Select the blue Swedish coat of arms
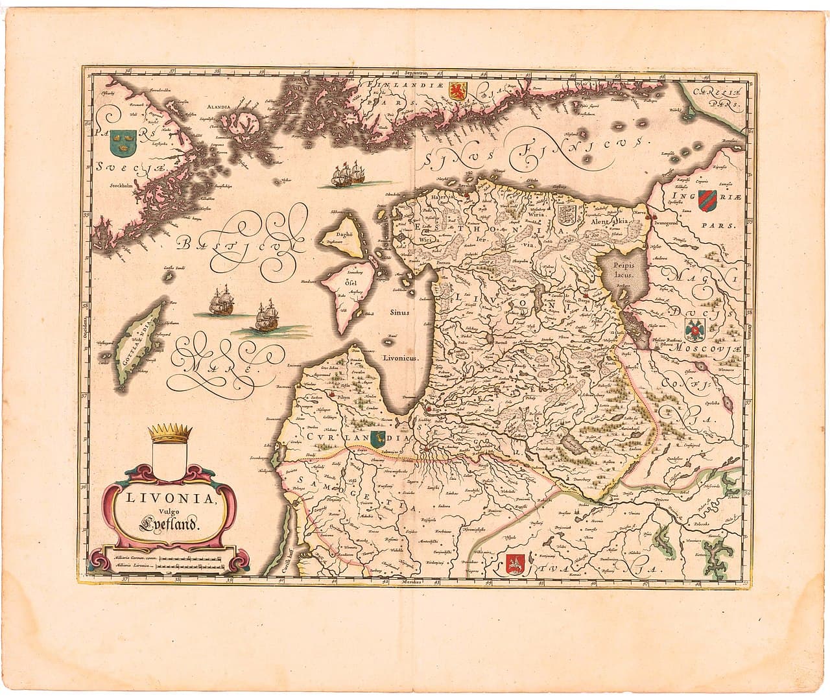(121, 141)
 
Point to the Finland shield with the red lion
(458, 92)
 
